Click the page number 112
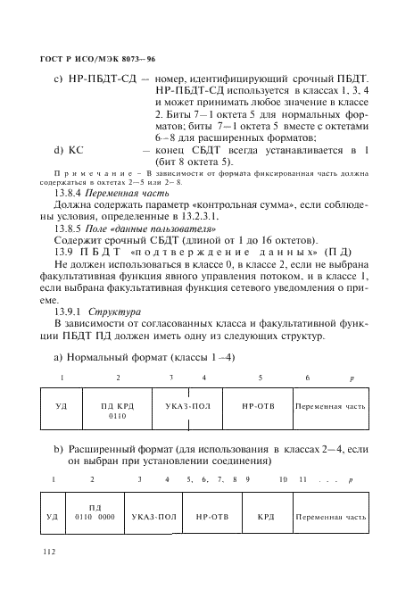49,553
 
